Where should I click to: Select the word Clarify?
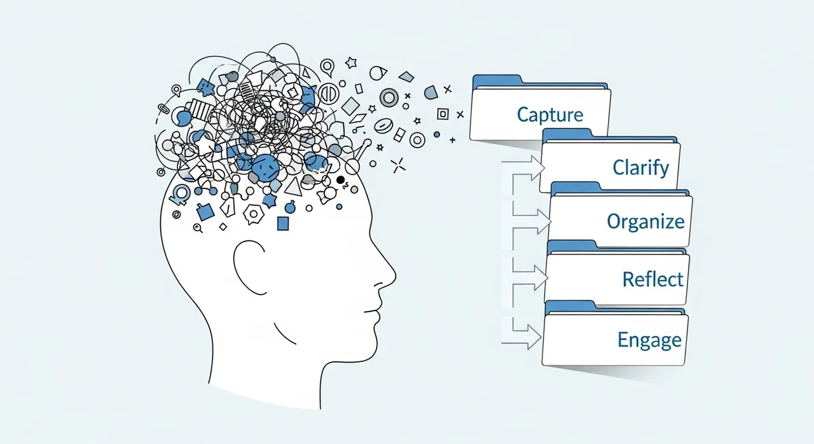pos(640,168)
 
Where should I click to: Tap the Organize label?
pos(645,221)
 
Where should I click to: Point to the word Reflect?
pos(652,279)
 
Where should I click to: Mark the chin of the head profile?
pos(366,343)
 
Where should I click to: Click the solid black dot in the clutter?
pos(341,180)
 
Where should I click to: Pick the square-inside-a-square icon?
pos(443,114)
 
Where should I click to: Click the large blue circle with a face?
pos(265,167)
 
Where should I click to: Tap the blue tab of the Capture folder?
pos(497,81)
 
